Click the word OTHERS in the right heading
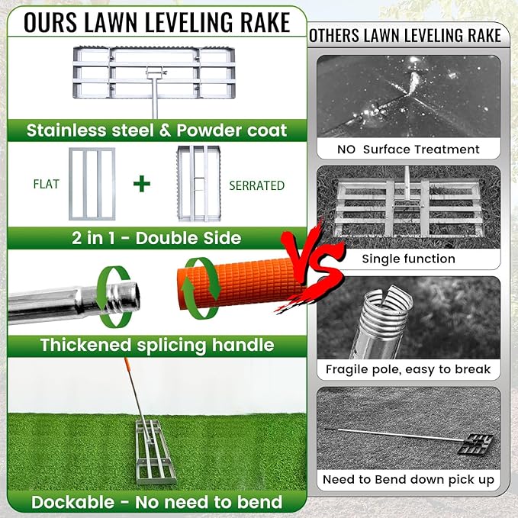tap(341, 36)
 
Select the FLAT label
tap(47, 185)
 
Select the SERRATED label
tap(256, 185)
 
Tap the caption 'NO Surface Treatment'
tap(408, 149)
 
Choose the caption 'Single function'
tap(408, 259)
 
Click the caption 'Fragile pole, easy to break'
tap(408, 369)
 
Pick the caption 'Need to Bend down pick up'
tap(408, 480)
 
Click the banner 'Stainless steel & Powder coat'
tap(156, 130)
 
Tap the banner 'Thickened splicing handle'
tap(156, 345)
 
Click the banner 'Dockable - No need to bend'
tap(156, 502)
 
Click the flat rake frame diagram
tap(92, 185)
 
